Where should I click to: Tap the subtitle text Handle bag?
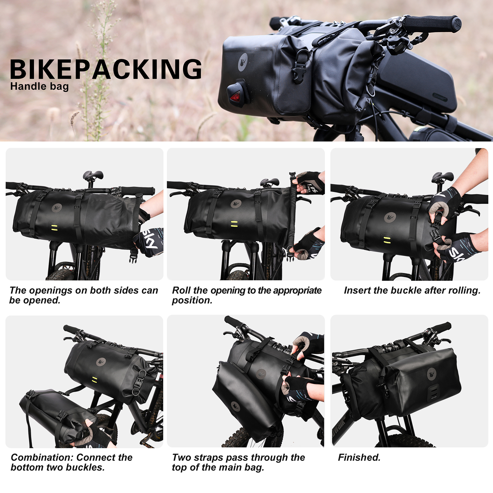(x=39, y=86)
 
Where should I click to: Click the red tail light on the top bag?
(x=236, y=97)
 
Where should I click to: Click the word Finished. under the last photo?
(x=359, y=457)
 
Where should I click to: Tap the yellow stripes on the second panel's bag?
(x=234, y=224)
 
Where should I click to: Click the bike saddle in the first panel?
(x=93, y=175)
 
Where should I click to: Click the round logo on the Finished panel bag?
(x=432, y=373)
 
